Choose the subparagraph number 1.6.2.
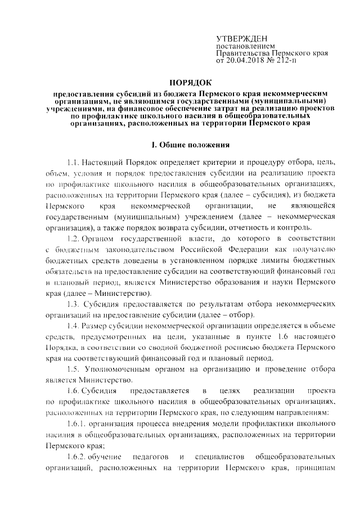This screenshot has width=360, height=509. pos(76,456)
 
